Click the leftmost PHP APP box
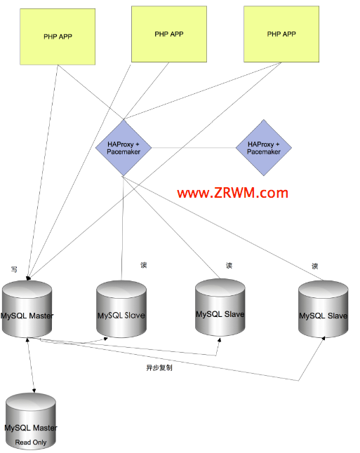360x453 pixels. pos(58,36)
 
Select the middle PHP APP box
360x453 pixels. pos(169,34)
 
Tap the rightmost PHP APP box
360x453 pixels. pos(281,34)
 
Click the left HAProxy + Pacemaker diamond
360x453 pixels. pos(124,148)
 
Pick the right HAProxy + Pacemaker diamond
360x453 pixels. pos(264,148)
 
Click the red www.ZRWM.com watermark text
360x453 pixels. pos(233,193)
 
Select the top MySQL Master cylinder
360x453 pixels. pos(27,309)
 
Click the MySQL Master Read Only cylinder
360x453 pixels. pos(31,421)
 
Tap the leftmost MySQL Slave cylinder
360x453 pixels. pos(121,309)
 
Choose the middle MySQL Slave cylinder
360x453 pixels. pos(220,307)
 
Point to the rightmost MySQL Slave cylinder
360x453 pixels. pos(324,309)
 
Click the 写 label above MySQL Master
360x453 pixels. pos(14,269)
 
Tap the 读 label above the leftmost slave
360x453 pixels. pos(144,265)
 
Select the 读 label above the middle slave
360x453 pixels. pos(229,266)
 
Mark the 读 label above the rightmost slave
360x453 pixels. pos(315,266)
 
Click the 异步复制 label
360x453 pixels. pos(159,367)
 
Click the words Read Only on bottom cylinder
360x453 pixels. pos(31,442)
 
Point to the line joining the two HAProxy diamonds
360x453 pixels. pos(194,148)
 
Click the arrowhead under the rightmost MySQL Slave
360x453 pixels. pos(324,338)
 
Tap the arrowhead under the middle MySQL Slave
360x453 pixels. pos(220,340)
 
